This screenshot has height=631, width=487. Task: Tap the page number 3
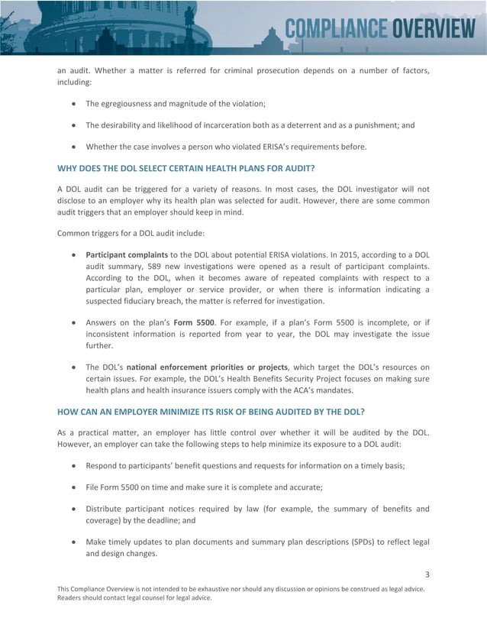(x=427, y=574)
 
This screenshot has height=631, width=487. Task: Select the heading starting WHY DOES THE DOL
(x=186, y=167)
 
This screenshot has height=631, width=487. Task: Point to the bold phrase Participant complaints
(x=127, y=254)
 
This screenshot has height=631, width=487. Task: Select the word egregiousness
(x=131, y=103)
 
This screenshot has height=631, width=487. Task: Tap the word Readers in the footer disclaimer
(x=73, y=598)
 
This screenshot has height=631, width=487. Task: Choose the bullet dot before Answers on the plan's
(x=73, y=322)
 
